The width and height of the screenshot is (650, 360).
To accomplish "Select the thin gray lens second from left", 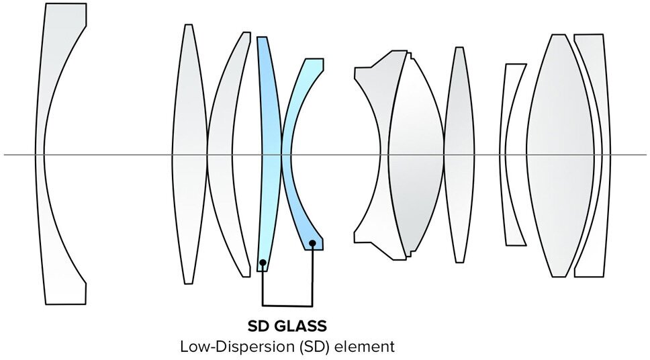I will point(189,154).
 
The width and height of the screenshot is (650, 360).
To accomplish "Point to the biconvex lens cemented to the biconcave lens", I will point(416,154).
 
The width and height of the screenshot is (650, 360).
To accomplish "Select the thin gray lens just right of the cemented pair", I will point(459,154).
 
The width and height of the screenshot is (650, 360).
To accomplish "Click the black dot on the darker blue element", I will point(263,262).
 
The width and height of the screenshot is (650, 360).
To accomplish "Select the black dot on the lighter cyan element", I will point(313,242).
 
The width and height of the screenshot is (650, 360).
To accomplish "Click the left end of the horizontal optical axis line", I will point(5,155).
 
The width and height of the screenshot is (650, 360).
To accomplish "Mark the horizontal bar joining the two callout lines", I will point(287,306).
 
